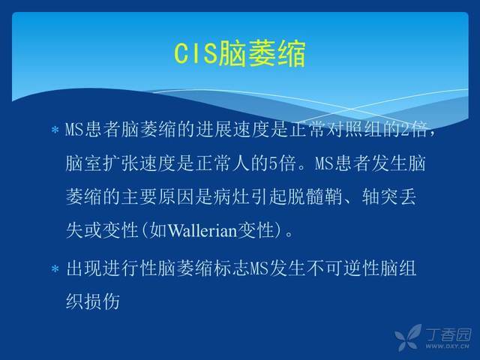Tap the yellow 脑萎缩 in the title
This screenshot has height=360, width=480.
click(262, 54)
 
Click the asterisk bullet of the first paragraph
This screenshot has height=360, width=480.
click(55, 130)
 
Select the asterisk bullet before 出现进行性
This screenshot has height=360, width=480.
click(55, 269)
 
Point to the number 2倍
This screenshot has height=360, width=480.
click(413, 129)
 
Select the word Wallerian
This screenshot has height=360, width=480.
click(202, 230)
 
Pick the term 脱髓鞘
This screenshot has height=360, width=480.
click(315, 196)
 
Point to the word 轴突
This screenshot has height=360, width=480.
click(379, 196)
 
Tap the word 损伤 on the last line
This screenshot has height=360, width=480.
click(102, 302)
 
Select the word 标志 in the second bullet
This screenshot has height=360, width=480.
click(232, 268)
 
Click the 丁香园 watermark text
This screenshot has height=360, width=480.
click(448, 334)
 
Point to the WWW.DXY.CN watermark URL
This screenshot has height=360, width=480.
click(447, 346)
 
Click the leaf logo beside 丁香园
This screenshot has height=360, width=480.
click(408, 337)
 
